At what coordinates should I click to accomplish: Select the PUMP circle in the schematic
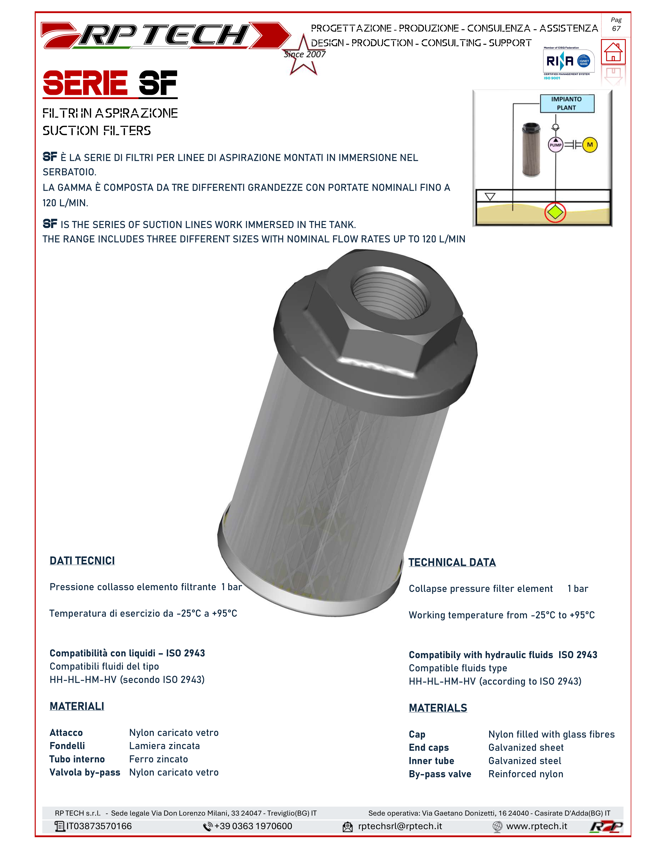tap(556, 145)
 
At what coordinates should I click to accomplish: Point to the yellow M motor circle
tap(590, 145)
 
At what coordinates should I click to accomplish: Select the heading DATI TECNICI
tap(82, 561)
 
